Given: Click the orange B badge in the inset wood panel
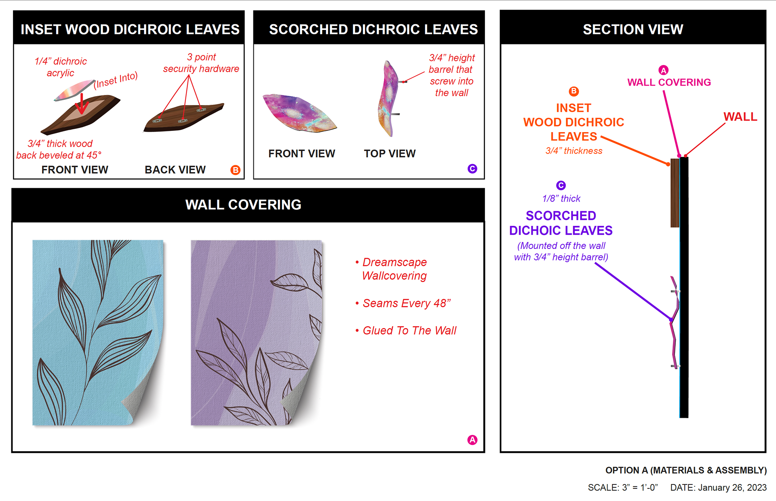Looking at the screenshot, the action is tap(235, 170).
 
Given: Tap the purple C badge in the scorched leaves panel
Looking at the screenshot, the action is tap(472, 169).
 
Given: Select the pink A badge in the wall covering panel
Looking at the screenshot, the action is tap(472, 440).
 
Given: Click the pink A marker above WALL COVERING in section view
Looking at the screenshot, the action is tap(663, 70).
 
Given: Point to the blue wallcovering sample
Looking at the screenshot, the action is tap(97, 331).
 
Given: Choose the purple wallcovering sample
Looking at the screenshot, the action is tap(255, 331).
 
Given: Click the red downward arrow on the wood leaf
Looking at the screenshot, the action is tap(82, 104).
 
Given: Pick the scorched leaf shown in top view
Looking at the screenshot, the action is tap(388, 99).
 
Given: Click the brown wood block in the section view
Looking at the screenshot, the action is tap(675, 193).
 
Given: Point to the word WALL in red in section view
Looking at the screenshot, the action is tap(740, 117).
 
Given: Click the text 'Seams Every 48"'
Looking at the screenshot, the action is tap(406, 303).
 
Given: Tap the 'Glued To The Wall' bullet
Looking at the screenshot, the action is tap(409, 330).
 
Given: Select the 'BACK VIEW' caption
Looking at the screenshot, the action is tap(175, 170).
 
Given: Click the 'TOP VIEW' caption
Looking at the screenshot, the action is tap(390, 154).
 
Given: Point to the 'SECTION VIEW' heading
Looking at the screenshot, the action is tap(633, 29).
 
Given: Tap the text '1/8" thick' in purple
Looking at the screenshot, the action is tap(561, 198).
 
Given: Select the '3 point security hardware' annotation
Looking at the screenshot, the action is tap(201, 63).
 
